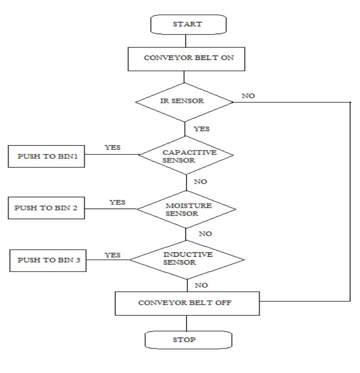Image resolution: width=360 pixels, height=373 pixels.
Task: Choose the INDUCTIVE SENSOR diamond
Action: click(x=187, y=259)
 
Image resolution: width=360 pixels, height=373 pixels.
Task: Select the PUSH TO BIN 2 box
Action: click(x=45, y=208)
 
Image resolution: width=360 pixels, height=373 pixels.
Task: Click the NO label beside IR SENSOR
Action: click(x=248, y=96)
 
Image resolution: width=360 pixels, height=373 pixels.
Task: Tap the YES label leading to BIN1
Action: click(x=112, y=147)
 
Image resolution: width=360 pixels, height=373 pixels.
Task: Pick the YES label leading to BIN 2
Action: click(x=117, y=202)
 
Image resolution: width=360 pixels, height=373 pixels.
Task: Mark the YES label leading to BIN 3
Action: click(x=112, y=255)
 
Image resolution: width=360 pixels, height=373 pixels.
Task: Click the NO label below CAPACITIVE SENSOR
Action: click(x=200, y=181)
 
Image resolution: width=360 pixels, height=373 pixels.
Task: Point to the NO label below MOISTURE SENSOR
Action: click(x=205, y=234)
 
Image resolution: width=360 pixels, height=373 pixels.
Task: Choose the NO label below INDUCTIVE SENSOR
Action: click(x=201, y=285)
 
